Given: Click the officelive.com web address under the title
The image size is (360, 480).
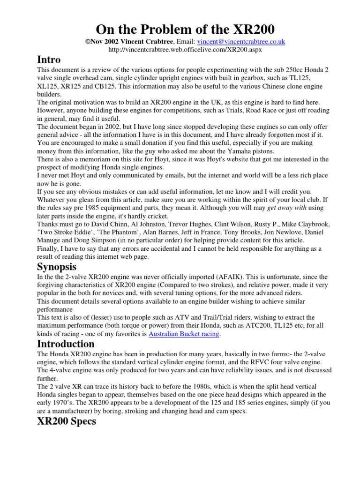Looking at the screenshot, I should coord(180,49).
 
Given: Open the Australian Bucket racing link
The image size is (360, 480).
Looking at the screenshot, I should coord(184,334).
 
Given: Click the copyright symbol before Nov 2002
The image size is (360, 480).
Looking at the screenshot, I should coord(87,42).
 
